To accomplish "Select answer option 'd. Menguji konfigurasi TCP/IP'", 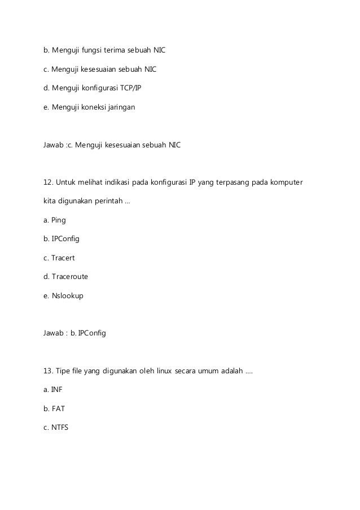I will pos(89,88).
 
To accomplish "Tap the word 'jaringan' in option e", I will pos(121,106).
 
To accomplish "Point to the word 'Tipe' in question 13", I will pos(63,371).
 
